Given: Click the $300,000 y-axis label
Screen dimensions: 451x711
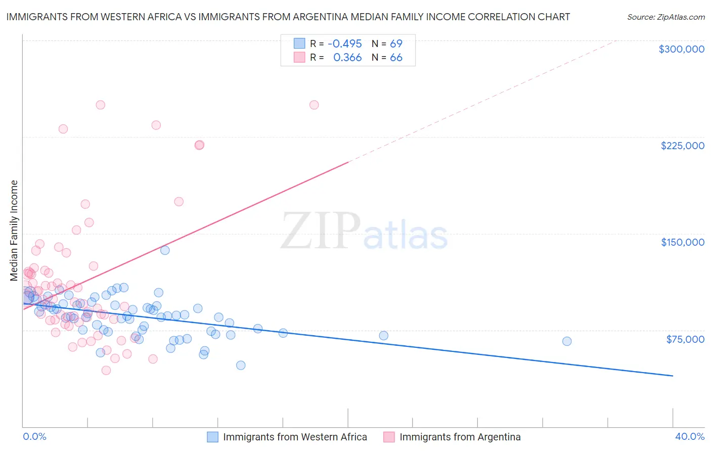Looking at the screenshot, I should click(x=681, y=49).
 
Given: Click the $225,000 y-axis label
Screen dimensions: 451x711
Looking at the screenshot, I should click(x=682, y=146).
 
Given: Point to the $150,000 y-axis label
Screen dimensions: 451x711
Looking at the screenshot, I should click(x=682, y=242).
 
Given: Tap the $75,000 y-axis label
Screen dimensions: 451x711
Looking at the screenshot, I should click(x=685, y=339).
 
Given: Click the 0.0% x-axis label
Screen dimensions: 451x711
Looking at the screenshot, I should click(x=34, y=436).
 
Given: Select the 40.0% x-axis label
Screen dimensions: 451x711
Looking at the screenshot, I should click(x=689, y=436).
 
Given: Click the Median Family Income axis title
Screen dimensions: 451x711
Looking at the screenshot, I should click(x=14, y=231).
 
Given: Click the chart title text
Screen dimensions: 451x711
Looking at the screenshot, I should click(x=288, y=17).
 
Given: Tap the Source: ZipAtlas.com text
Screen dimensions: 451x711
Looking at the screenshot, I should click(x=665, y=17).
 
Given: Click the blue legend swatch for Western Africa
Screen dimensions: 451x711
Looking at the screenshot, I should click(x=213, y=437).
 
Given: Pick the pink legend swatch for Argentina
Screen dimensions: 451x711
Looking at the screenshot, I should click(x=389, y=437).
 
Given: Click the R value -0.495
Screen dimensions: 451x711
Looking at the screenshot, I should click(x=344, y=44).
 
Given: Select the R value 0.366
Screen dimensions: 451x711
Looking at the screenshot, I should click(x=347, y=58).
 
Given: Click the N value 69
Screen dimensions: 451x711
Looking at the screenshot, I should click(x=396, y=44).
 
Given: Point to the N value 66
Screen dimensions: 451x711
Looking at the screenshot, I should click(x=396, y=58).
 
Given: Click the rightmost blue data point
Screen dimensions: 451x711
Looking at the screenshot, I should click(x=567, y=341).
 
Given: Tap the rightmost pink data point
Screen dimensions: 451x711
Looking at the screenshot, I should click(x=314, y=105).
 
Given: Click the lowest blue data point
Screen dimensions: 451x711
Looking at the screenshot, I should click(x=241, y=365).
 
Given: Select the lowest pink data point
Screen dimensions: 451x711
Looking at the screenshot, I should click(x=106, y=370).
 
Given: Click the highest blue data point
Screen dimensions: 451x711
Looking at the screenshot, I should click(x=165, y=250).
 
